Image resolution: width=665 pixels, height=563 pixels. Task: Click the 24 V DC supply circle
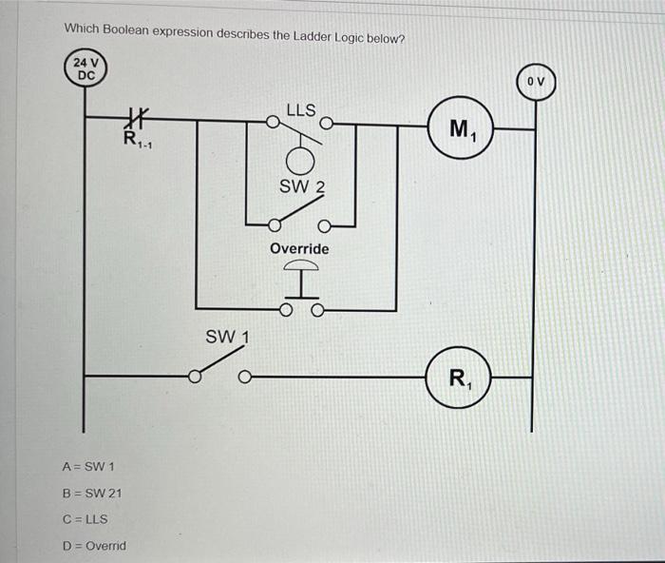coord(85,68)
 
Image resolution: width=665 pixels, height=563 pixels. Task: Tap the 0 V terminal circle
coord(536,82)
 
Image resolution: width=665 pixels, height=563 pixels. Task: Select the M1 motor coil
coord(462,127)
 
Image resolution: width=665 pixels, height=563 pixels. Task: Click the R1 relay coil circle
coord(459,378)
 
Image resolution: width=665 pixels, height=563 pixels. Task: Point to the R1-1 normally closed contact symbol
coord(136,118)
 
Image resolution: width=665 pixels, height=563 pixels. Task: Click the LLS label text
coord(301,110)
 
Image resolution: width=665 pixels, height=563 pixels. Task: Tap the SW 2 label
coord(302,186)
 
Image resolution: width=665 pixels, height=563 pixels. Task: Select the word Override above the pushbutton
coord(299,248)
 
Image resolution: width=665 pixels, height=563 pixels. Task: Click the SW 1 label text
coord(227,338)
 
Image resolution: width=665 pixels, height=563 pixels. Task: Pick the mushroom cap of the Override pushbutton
coord(301,265)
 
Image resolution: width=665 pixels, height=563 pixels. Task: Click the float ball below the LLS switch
coord(300,162)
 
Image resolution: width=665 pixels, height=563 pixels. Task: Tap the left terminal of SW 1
coord(194,377)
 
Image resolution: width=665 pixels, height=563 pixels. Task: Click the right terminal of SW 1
coord(244,377)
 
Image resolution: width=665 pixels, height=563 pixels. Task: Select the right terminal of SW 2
coord(324,226)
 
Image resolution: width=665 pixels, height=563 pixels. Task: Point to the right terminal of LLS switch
coord(326,124)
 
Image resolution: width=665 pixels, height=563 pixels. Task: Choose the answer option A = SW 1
coord(88,467)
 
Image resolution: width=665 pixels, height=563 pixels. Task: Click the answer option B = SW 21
coord(91,494)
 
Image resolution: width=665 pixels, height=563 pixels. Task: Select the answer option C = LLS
coord(85,519)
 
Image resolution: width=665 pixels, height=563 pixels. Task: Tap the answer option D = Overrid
coord(94,546)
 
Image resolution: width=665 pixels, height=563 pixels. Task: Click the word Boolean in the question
coord(125,30)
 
